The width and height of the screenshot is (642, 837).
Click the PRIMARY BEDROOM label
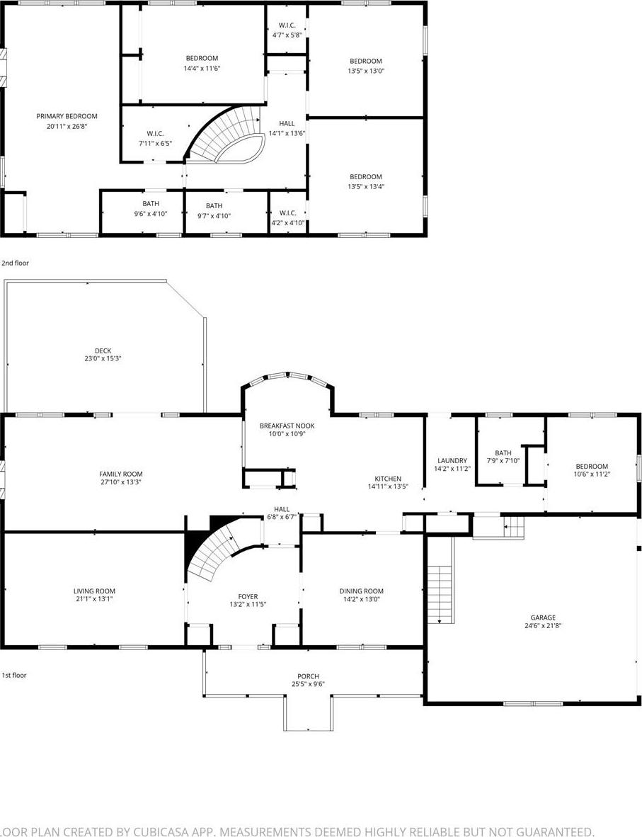(x=67, y=116)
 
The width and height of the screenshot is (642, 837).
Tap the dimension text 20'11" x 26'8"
(x=67, y=126)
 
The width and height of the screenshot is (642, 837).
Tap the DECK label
(x=103, y=351)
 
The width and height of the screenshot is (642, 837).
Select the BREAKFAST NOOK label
(x=287, y=426)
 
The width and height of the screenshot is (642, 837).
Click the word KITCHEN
(x=388, y=479)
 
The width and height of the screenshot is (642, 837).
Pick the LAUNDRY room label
(x=452, y=460)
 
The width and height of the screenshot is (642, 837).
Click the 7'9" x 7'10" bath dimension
(x=503, y=462)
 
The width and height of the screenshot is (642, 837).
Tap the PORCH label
(x=308, y=676)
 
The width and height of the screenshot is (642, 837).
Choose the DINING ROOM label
(x=361, y=591)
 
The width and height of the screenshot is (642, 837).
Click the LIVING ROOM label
(x=94, y=591)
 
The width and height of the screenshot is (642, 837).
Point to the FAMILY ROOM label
(x=120, y=474)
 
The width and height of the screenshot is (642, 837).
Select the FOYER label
(x=248, y=596)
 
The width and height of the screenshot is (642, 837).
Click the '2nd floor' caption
(x=15, y=263)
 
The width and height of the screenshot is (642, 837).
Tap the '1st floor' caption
(x=14, y=675)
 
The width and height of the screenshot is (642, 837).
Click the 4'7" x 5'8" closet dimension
(x=287, y=34)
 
